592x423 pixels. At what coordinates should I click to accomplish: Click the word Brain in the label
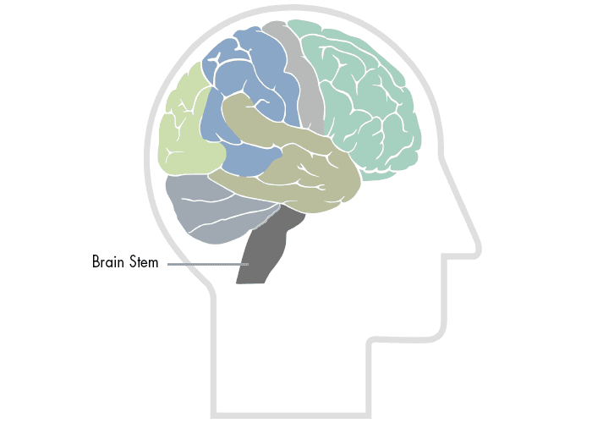pyautogui.click(x=108, y=261)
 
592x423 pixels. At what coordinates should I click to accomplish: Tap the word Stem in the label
pyautogui.click(x=144, y=261)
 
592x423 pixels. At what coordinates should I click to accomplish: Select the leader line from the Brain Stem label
pyautogui.click(x=208, y=264)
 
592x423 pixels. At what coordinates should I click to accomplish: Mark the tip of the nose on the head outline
pyautogui.click(x=480, y=250)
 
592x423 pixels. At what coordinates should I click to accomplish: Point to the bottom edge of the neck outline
pyautogui.click(x=291, y=415)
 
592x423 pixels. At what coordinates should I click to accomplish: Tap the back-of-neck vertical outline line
pyautogui.click(x=213, y=355)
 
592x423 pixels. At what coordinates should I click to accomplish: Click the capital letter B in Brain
pyautogui.click(x=96, y=261)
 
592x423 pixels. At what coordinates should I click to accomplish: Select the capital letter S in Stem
pyautogui.click(x=134, y=261)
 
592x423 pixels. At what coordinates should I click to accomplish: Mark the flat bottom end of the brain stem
pyautogui.click(x=250, y=283)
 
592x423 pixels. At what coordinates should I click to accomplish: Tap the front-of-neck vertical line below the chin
pyautogui.click(x=369, y=377)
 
